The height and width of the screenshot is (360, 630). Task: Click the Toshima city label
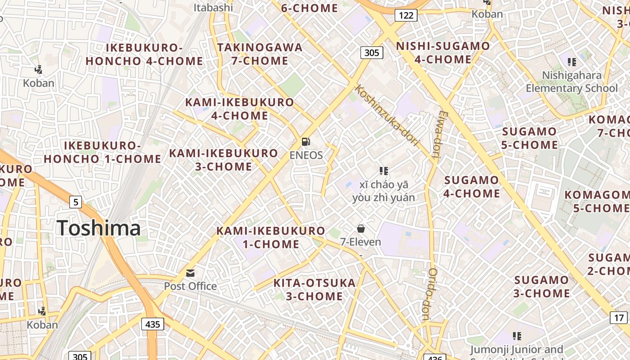(99, 228)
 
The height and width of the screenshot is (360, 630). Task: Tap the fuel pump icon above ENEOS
(306, 142)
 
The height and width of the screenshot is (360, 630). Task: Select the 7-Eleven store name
(360, 242)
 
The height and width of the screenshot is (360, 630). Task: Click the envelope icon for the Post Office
(190, 273)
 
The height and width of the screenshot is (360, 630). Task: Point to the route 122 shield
(406, 16)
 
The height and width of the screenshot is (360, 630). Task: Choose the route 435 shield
(153, 324)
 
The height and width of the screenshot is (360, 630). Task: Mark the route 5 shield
(76, 202)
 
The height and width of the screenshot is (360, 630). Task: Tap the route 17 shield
(619, 317)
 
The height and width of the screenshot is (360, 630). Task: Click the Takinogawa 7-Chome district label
(260, 54)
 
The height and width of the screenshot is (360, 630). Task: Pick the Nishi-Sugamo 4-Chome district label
(443, 53)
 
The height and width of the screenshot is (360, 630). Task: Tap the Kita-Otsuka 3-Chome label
(315, 290)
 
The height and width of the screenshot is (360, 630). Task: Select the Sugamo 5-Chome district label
(529, 138)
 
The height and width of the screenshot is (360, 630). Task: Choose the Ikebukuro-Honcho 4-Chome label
(144, 54)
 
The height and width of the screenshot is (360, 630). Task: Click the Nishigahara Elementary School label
(571, 81)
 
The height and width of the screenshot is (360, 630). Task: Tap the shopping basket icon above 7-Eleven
(360, 229)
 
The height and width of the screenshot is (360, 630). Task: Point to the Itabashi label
(213, 7)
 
